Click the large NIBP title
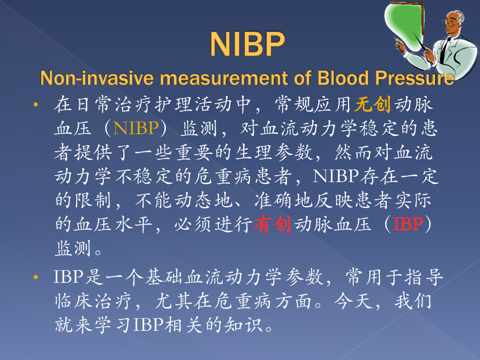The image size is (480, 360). pyautogui.click(x=247, y=44)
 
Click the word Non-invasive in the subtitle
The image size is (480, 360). pyautogui.click(x=97, y=78)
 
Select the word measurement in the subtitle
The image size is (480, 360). pyautogui.click(x=224, y=78)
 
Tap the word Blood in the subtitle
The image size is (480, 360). pyautogui.click(x=343, y=78)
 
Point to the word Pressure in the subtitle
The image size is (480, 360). pyautogui.click(x=415, y=78)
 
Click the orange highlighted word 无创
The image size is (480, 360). pyautogui.click(x=373, y=104)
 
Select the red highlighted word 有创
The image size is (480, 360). pyautogui.click(x=272, y=224)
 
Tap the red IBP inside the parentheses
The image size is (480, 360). pyautogui.click(x=408, y=224)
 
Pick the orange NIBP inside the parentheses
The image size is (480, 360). pyautogui.click(x=136, y=128)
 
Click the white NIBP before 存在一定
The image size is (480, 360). pyautogui.click(x=336, y=176)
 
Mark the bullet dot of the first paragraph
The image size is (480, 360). pyautogui.click(x=36, y=105)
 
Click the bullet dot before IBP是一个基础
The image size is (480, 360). pyautogui.click(x=36, y=278)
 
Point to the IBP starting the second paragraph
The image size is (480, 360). pyautogui.click(x=68, y=277)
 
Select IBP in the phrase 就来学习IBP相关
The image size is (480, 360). pyautogui.click(x=149, y=325)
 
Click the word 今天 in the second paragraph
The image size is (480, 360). pyautogui.click(x=353, y=301)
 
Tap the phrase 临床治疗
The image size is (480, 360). pyautogui.click(x=93, y=301)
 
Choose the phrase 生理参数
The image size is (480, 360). pyautogui.click(x=274, y=152)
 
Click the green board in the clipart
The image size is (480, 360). pyautogui.click(x=403, y=24)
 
